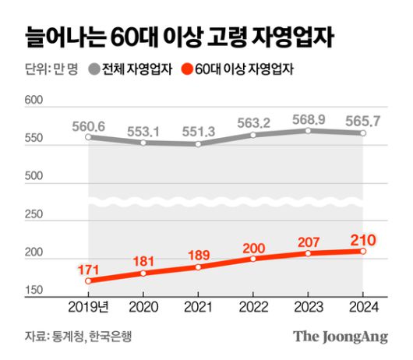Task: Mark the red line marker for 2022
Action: tap(253, 259)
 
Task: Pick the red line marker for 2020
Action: tap(143, 273)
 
